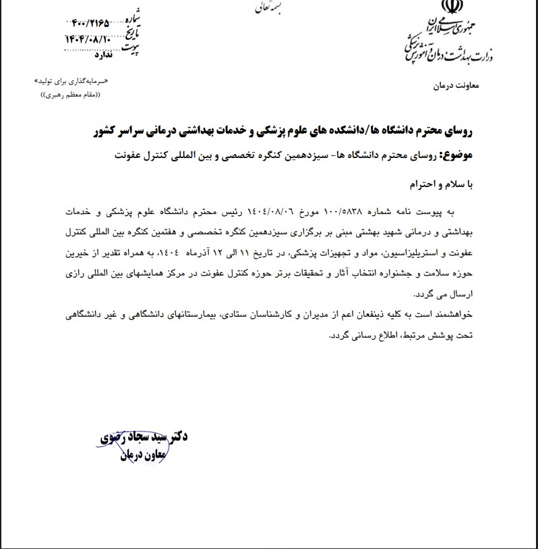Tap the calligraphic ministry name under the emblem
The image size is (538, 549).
click(x=448, y=49)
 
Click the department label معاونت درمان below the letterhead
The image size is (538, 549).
click(x=453, y=87)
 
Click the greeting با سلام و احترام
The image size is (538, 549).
click(x=444, y=183)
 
